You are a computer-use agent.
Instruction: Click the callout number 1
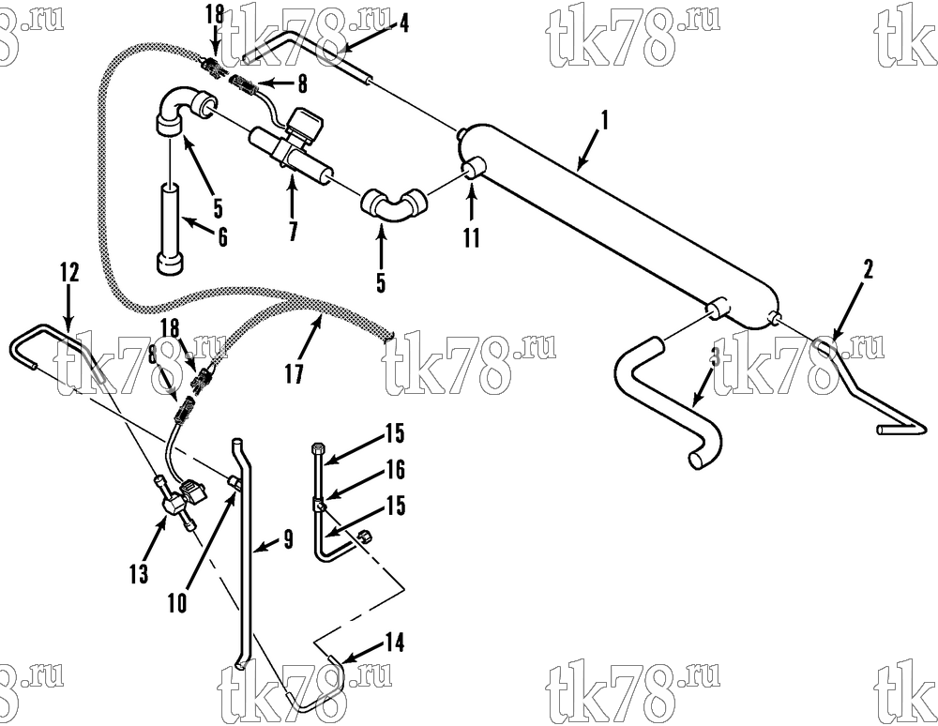click(x=605, y=120)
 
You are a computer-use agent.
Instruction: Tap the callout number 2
click(x=868, y=269)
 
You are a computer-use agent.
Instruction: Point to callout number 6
click(x=222, y=237)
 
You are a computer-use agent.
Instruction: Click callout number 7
click(x=293, y=230)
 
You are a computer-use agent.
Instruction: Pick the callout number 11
click(x=472, y=237)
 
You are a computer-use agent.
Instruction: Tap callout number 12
click(x=69, y=272)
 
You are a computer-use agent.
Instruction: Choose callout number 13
click(x=138, y=573)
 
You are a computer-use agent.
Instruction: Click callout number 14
click(x=395, y=643)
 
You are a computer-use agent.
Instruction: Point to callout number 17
click(x=295, y=373)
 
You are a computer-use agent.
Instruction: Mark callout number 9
click(x=288, y=540)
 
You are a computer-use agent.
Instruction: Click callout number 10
click(x=177, y=603)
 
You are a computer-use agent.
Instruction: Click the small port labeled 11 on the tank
click(x=474, y=168)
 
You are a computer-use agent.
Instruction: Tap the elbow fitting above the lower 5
click(x=393, y=207)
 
